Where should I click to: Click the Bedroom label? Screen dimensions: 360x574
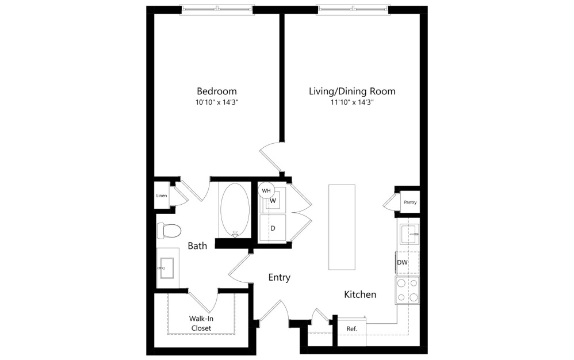coord(216,91)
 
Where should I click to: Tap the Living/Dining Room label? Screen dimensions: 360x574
coord(352,91)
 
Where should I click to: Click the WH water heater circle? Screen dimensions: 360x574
coord(266,190)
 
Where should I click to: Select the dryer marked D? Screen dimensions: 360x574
coord(273,228)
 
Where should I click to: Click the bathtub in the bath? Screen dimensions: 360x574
coord(234,209)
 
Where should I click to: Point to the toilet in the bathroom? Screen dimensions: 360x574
coord(168,231)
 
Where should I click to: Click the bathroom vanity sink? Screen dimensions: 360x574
coord(167,266)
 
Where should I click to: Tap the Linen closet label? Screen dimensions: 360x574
coord(161,196)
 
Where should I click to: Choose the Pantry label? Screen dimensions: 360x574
coord(410,202)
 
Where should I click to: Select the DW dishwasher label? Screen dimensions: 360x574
coord(402,262)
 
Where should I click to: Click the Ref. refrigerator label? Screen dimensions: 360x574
coord(351,328)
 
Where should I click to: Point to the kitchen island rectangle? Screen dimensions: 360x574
coord(342,227)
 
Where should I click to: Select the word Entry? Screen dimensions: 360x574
coord(280,277)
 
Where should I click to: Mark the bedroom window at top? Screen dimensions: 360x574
coord(217,9)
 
